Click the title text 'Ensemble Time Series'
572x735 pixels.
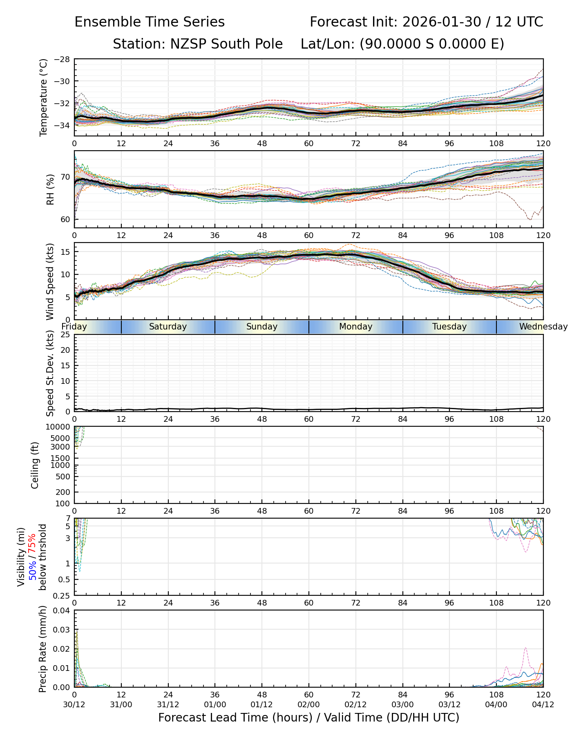pos(150,22)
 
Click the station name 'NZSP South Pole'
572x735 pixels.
pos(198,44)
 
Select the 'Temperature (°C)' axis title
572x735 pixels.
pos(44,97)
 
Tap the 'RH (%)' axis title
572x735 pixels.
pos(50,189)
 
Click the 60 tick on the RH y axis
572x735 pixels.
pos(65,220)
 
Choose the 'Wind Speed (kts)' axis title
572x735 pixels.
pos(50,281)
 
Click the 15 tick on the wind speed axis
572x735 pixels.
pos(65,252)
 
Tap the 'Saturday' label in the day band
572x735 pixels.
pos(168,327)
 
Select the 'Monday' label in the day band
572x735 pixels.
pos(355,327)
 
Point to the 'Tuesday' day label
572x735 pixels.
pos(449,327)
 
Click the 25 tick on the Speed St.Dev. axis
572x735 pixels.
pos(65,335)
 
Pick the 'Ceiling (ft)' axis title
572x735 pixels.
pos(35,465)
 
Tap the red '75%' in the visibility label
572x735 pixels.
pos(32,543)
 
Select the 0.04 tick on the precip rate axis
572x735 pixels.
pos(62,611)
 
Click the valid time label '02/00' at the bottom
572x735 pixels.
pos(309,705)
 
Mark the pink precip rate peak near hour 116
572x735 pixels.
pos(525,648)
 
